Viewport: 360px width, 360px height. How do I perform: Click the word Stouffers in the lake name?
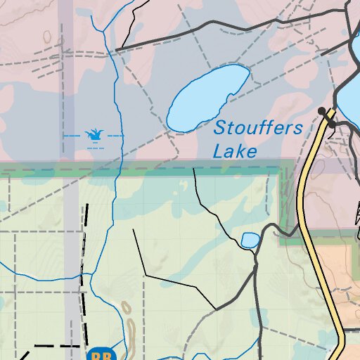point(258,129)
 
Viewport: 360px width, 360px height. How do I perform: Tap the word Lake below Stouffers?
point(234,151)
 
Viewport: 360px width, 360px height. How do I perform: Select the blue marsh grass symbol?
point(93,134)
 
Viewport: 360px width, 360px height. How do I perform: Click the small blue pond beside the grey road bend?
point(250,240)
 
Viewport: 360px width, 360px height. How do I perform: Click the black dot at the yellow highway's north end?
point(322,111)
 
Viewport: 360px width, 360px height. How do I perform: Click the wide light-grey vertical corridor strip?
point(71,267)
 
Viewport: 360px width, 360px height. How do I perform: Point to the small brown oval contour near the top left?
point(47,36)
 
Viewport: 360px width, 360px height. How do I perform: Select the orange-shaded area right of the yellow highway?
point(345,281)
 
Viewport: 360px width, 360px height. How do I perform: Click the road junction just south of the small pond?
point(255,268)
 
